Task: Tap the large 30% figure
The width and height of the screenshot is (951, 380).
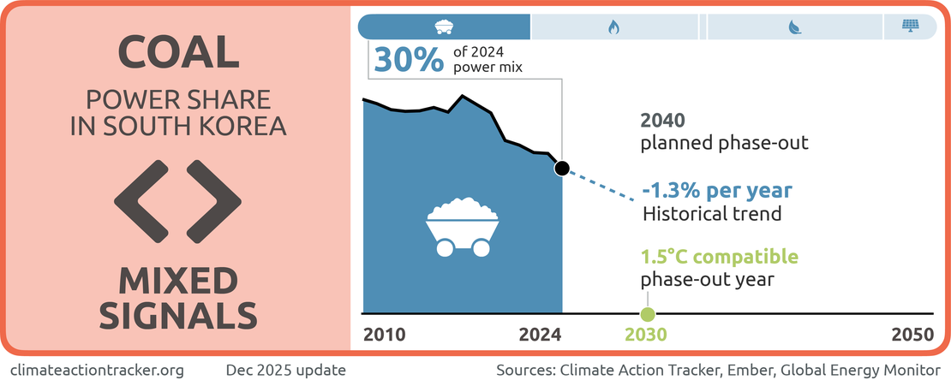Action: pyautogui.click(x=406, y=61)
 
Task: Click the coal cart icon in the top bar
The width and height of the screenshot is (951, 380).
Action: pyautogui.click(x=444, y=27)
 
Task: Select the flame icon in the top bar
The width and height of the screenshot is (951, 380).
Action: pyautogui.click(x=613, y=27)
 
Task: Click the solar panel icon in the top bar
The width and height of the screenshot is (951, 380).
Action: pyautogui.click(x=910, y=27)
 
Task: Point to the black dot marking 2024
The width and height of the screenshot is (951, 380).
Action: pyautogui.click(x=561, y=169)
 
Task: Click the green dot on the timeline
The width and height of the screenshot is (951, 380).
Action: pyautogui.click(x=648, y=314)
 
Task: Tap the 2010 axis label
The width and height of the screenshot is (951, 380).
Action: pyautogui.click(x=386, y=335)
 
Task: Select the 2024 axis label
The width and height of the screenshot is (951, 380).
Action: pyautogui.click(x=540, y=335)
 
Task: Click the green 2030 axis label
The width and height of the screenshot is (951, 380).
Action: pyautogui.click(x=648, y=335)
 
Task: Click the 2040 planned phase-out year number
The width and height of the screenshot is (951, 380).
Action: pyautogui.click(x=664, y=121)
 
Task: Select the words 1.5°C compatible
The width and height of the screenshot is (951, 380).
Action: pyautogui.click(x=720, y=257)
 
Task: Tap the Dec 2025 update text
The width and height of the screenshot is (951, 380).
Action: pyautogui.click(x=285, y=370)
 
